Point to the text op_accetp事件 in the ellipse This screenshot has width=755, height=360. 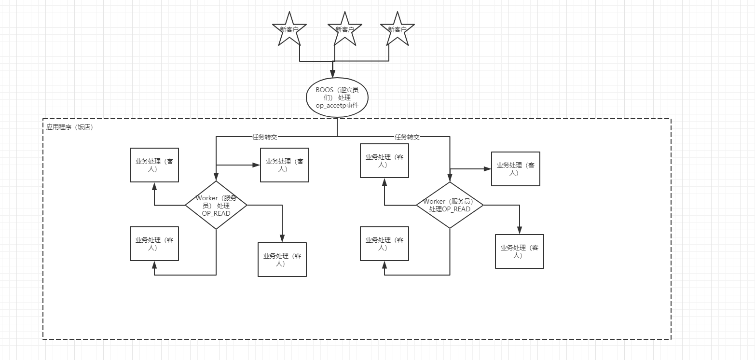pyautogui.click(x=337, y=105)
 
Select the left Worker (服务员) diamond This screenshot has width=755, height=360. pyautogui.click(x=216, y=205)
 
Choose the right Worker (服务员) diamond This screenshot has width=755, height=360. pyautogui.click(x=450, y=205)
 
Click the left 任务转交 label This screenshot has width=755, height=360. pyautogui.click(x=265, y=137)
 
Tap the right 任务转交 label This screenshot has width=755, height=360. pyautogui.click(x=407, y=137)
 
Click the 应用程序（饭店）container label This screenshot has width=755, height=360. pyautogui.click(x=69, y=128)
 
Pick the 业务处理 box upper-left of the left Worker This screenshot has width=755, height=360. pyautogui.click(x=154, y=165)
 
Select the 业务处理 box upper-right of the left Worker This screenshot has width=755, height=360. pyautogui.click(x=285, y=165)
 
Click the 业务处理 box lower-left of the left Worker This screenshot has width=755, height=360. pyautogui.click(x=154, y=244)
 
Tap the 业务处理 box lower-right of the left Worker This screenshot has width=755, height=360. pyautogui.click(x=282, y=260)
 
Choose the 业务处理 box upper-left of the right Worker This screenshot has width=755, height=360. pyautogui.click(x=384, y=161)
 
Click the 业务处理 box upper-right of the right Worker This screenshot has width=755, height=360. pyautogui.click(x=516, y=169)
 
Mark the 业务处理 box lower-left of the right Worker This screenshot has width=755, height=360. pyautogui.click(x=384, y=244)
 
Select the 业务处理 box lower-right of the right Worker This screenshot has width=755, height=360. pyautogui.click(x=520, y=251)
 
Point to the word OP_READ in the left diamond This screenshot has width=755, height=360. pyautogui.click(x=216, y=213)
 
